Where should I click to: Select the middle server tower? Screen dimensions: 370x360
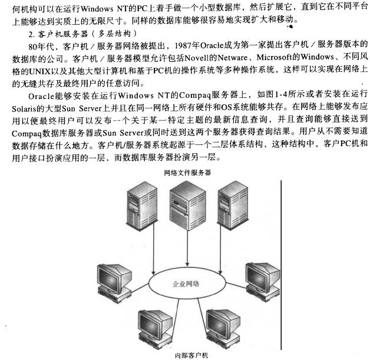[187, 205]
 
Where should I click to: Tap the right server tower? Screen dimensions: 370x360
[233, 206]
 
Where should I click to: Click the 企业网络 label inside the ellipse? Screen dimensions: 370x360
[186, 283]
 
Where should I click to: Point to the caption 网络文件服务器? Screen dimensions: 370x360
[187, 173]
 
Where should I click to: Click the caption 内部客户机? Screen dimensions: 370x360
[191, 355]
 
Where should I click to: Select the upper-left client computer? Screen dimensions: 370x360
[114, 283]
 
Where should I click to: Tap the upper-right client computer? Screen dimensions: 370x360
[263, 281]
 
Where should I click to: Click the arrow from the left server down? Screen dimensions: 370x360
[154, 248]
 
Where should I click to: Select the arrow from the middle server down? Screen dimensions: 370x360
[187, 248]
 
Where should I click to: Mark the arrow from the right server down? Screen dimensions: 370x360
[220, 249]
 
